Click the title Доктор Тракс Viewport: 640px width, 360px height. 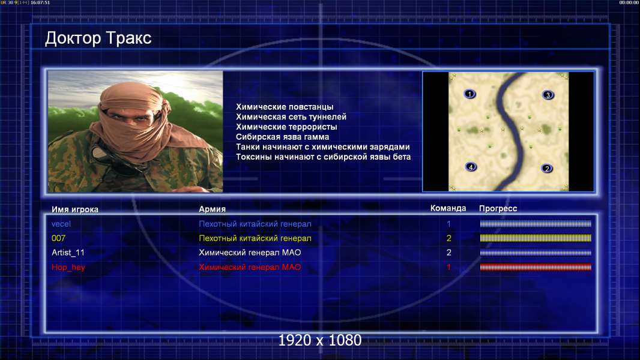98,38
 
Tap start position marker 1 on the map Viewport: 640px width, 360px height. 470,94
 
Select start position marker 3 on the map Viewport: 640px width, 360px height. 548,95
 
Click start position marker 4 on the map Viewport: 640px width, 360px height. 471,167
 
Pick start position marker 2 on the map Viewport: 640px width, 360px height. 547,169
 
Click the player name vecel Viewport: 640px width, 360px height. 61,224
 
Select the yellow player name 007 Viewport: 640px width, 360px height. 58,238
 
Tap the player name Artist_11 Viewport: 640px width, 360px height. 68,253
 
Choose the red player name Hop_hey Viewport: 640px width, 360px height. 68,268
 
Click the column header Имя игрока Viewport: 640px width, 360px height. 74,209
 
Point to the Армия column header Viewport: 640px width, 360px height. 213,209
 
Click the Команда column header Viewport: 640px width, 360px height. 448,208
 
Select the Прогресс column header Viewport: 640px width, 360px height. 498,209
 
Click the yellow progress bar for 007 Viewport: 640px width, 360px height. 536,238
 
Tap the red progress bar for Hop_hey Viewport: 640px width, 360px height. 536,268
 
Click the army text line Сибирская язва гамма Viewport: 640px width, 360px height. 282,137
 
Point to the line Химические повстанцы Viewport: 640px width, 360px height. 285,107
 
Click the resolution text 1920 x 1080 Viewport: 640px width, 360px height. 320,340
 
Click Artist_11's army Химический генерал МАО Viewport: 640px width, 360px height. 250,253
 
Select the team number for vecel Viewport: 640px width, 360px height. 448,224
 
